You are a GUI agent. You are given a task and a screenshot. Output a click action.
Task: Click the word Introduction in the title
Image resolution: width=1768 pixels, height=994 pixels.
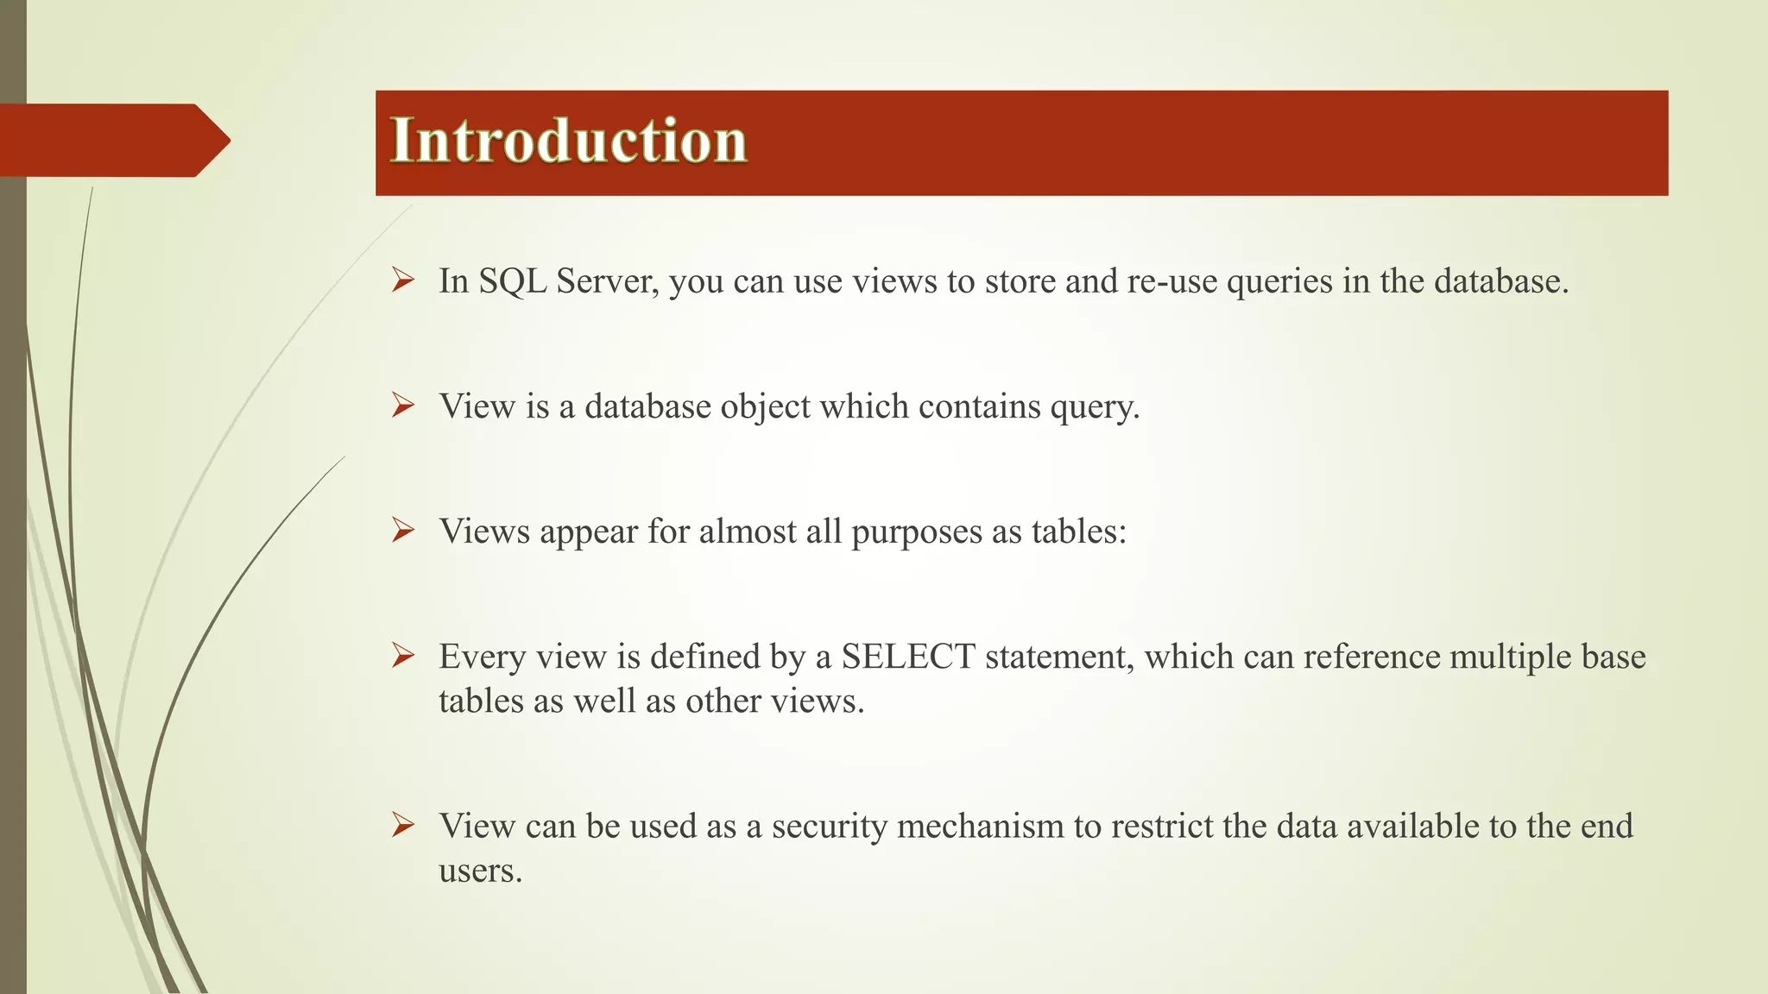(x=568, y=141)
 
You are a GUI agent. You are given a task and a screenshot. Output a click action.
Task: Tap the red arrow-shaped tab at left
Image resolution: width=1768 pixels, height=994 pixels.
(x=112, y=141)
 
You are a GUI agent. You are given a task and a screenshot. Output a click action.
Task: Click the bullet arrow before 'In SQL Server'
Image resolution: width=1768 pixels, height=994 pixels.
(x=402, y=280)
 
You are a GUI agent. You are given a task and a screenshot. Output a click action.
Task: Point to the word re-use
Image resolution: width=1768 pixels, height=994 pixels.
(x=1172, y=281)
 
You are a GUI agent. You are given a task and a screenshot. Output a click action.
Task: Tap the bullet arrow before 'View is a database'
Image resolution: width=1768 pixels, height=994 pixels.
(x=402, y=406)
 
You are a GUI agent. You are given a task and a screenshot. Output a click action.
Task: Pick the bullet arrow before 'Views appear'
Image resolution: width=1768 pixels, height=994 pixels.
(x=402, y=531)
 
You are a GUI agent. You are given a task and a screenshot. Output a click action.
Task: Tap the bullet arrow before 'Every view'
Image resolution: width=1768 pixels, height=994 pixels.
(x=402, y=656)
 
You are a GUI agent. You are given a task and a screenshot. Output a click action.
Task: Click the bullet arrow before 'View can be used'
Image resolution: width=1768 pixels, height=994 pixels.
(x=402, y=825)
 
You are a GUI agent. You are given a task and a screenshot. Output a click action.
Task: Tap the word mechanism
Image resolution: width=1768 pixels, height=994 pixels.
(x=981, y=826)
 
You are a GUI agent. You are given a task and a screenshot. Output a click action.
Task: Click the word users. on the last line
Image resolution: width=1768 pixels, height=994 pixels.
(x=480, y=870)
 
